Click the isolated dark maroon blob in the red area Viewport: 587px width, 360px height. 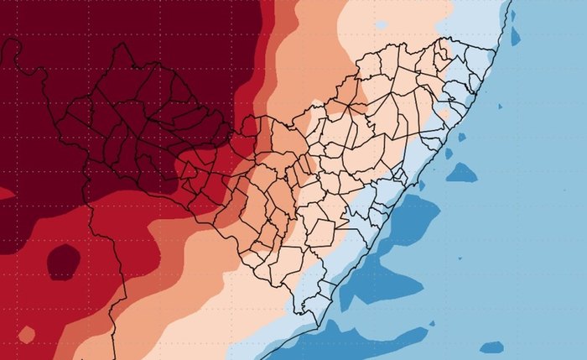pos(63,262)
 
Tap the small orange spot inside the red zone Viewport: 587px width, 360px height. pos(27,335)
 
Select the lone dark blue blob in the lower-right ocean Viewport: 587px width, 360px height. pos(492,347)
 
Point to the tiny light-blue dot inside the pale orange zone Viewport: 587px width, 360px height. pos(318,103)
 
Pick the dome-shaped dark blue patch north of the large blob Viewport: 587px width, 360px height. pos(461,174)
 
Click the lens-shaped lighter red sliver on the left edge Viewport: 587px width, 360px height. pos(7,194)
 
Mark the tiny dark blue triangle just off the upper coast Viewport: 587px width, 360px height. pos(461,136)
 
